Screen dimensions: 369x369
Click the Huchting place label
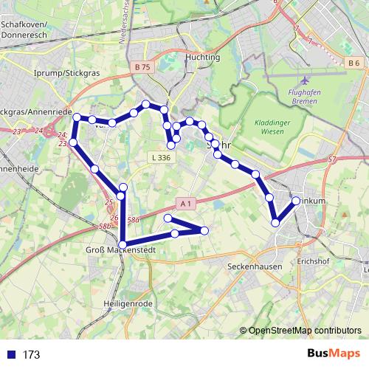(204, 57)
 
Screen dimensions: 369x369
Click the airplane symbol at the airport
(306, 79)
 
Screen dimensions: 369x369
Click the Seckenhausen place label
(255, 265)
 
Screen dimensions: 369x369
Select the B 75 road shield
(143, 67)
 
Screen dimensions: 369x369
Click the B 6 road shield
(354, 63)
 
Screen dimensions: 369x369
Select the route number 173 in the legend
(31, 354)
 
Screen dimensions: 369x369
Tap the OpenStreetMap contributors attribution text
(304, 330)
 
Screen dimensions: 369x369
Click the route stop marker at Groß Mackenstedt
(122, 244)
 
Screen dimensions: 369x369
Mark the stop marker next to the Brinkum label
(296, 201)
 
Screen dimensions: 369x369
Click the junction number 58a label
(133, 219)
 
